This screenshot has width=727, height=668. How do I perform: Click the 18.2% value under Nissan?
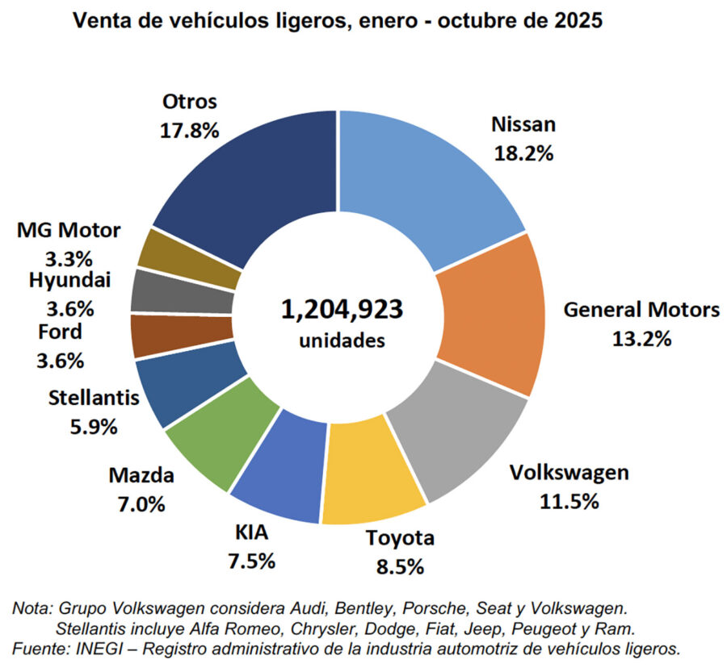click(x=523, y=153)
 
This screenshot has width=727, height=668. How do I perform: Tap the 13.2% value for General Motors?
click(x=641, y=338)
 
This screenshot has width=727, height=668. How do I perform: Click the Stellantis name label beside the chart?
click(x=95, y=397)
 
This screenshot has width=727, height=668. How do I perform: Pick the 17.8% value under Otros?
click(x=190, y=130)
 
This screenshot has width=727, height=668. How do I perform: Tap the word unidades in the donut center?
click(x=342, y=340)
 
